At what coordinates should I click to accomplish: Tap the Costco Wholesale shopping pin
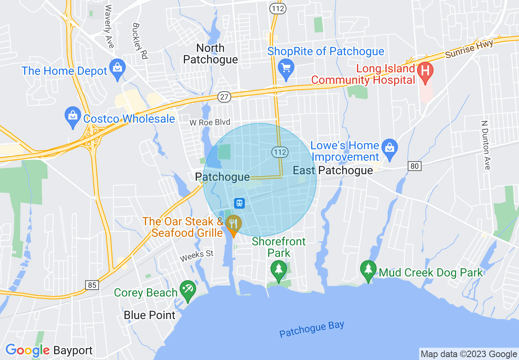coord(73,117)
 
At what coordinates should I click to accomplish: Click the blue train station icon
coord(239,202)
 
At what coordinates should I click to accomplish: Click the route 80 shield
coord(415,166)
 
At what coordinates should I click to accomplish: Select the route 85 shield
coord(93,285)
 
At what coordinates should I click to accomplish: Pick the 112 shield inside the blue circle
coord(280,152)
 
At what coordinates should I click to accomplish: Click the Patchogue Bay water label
coord(311,329)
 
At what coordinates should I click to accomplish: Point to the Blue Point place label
coord(150,315)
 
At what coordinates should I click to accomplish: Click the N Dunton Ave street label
coord(486,145)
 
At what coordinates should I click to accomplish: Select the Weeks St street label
coord(197,256)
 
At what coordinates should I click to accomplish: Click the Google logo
coord(27,351)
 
